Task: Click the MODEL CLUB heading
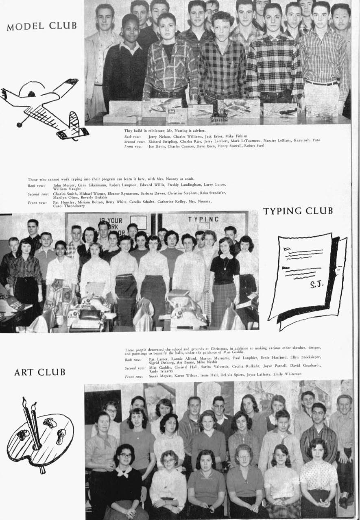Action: click(x=41, y=26)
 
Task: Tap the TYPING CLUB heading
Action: click(x=298, y=211)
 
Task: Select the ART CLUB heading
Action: click(x=39, y=372)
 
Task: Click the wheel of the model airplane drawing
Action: click(x=19, y=124)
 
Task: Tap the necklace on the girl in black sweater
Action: click(x=224, y=265)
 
